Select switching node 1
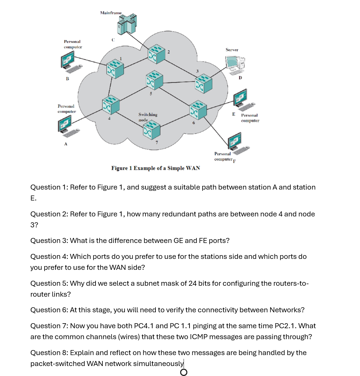click(x=115, y=69)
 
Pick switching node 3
click(x=203, y=83)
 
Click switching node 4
click(x=111, y=106)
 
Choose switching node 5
click(x=154, y=80)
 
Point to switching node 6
click(x=198, y=109)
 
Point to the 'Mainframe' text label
click(x=111, y=13)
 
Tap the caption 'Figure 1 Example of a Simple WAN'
click(x=155, y=168)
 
